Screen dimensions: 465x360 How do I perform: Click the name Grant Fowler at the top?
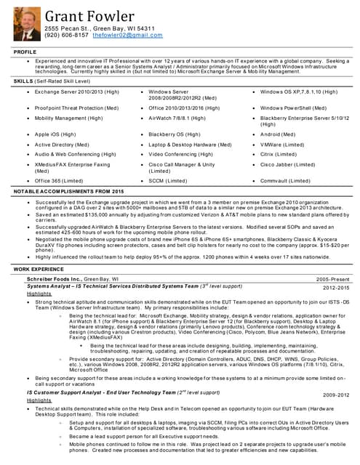click(x=89, y=16)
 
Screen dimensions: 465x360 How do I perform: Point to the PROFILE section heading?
click(x=25, y=52)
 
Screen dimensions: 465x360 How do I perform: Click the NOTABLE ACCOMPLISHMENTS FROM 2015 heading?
click(x=69, y=190)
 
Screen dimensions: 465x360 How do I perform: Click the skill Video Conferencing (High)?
click(x=181, y=153)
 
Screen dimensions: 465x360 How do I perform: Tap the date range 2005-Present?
click(x=332, y=278)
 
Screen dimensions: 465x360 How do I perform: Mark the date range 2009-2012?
click(x=335, y=394)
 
